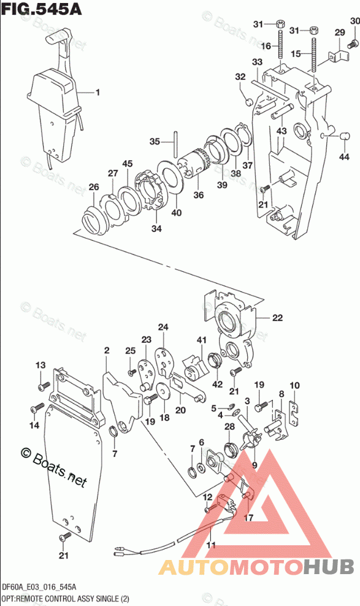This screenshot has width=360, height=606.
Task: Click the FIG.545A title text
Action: (x=41, y=9)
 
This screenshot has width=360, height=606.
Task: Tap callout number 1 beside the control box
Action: (x=98, y=93)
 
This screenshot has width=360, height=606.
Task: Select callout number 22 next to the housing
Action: (x=277, y=318)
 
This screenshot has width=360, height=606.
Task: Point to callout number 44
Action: (x=344, y=156)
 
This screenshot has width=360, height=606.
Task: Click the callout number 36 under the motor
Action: (x=199, y=195)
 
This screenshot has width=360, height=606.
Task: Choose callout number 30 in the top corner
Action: (x=354, y=21)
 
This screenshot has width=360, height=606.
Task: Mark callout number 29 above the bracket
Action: (x=340, y=32)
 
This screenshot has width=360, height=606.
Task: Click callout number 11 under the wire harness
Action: (x=211, y=545)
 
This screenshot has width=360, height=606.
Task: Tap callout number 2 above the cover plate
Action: (x=107, y=351)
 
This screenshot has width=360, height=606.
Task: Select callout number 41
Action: (x=202, y=340)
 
